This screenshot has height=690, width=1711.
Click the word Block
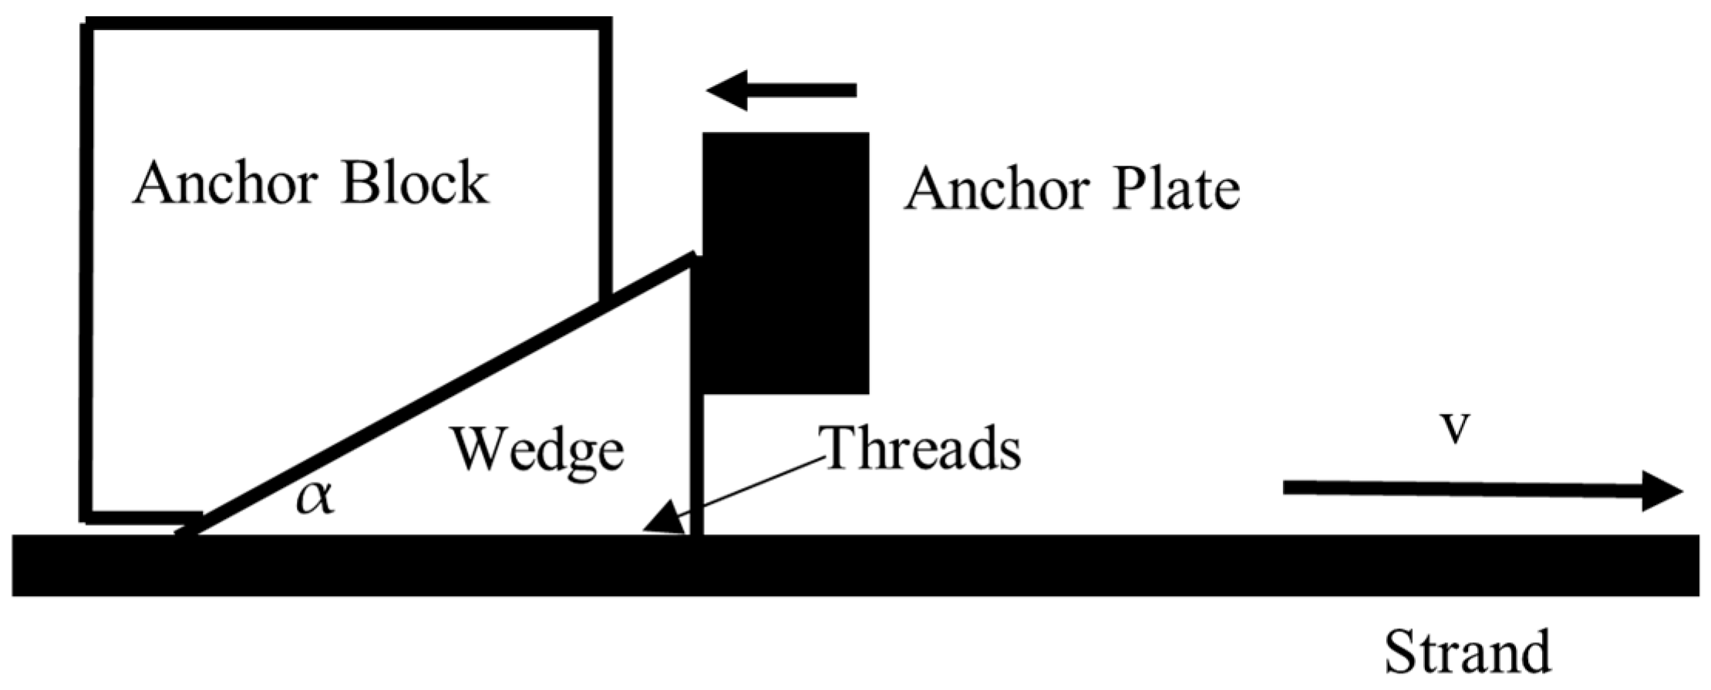(x=415, y=184)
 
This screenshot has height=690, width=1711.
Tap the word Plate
(x=1175, y=190)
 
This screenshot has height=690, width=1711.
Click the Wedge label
(x=537, y=451)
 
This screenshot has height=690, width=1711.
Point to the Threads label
(x=922, y=449)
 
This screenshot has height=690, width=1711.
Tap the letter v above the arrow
(x=1455, y=429)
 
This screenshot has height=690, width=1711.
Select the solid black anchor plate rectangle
(x=786, y=263)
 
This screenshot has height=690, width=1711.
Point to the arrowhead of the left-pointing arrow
(x=725, y=90)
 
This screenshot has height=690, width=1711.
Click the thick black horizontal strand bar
(x=848, y=565)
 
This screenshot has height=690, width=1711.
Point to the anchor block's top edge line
(x=347, y=24)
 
